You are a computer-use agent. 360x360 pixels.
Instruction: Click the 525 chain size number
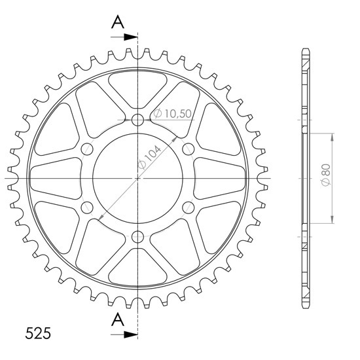[x=38, y=333]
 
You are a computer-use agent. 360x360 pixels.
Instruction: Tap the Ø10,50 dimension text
[x=172, y=113]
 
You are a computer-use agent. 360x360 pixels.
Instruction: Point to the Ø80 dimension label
[x=326, y=175]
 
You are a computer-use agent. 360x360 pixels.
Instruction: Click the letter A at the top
[x=118, y=22]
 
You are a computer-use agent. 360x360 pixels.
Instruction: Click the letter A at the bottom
[x=118, y=320]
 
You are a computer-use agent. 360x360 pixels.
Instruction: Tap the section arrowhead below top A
[x=131, y=37]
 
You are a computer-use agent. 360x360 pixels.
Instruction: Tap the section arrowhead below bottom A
[x=131, y=334]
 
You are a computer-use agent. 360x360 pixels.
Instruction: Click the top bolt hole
[x=137, y=120]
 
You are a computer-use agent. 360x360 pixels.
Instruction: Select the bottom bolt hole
[x=137, y=237]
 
